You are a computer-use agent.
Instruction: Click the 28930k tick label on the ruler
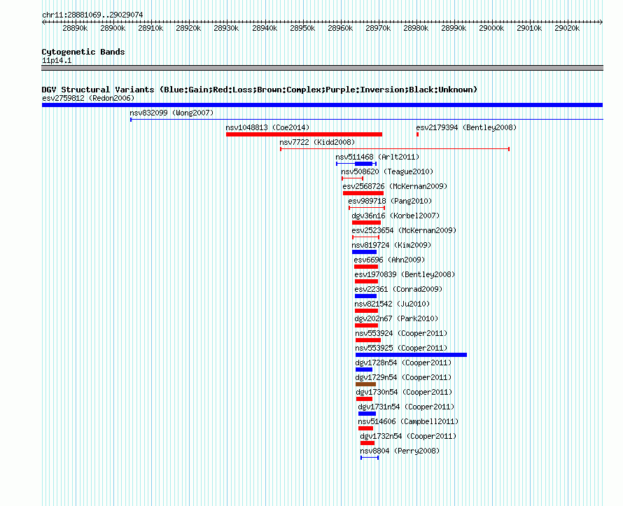click(x=226, y=28)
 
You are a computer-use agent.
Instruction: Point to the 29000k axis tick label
click(x=491, y=28)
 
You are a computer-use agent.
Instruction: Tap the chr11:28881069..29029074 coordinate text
click(x=92, y=15)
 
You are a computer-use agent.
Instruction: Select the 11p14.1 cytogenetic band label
click(x=57, y=60)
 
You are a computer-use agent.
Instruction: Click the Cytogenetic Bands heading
click(x=83, y=52)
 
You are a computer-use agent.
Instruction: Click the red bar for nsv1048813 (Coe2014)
click(x=304, y=134)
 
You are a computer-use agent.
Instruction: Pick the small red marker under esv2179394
click(x=417, y=134)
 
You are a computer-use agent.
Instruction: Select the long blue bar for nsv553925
click(x=411, y=355)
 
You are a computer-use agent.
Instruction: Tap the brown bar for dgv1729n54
click(x=365, y=384)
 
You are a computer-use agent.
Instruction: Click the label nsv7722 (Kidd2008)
click(x=317, y=142)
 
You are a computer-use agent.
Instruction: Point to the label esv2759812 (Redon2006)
click(x=88, y=98)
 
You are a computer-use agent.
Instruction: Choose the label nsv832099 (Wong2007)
click(x=171, y=113)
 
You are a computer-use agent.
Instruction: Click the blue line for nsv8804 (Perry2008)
click(x=370, y=458)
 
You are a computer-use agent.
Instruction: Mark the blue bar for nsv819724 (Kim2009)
click(x=364, y=252)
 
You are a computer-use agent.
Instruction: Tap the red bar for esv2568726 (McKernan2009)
click(x=363, y=193)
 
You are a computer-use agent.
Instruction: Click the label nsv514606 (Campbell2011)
click(x=408, y=421)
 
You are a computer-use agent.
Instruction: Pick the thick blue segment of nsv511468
click(x=363, y=164)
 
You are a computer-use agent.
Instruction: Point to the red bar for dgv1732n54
click(x=367, y=443)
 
